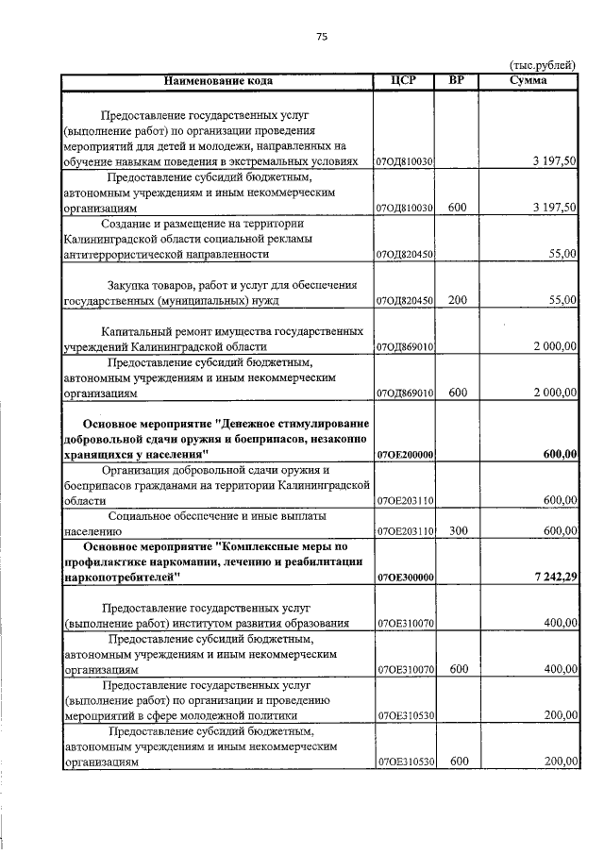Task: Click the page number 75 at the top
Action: pyautogui.click(x=321, y=36)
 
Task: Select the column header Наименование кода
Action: pyautogui.click(x=218, y=80)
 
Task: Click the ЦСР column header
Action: pyautogui.click(x=404, y=80)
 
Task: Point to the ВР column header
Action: pyautogui.click(x=458, y=80)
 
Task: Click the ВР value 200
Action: pyautogui.click(x=458, y=300)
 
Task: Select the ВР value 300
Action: pyautogui.click(x=458, y=531)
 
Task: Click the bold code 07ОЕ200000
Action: pyautogui.click(x=404, y=455)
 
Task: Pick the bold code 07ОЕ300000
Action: pyautogui.click(x=404, y=577)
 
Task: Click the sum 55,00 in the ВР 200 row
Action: pyautogui.click(x=562, y=300)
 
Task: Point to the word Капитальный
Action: pyautogui.click(x=138, y=332)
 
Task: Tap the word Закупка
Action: pyautogui.click(x=130, y=285)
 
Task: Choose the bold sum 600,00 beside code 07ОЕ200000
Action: pyautogui.click(x=560, y=455)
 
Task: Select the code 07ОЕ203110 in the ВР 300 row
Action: pyautogui.click(x=404, y=532)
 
